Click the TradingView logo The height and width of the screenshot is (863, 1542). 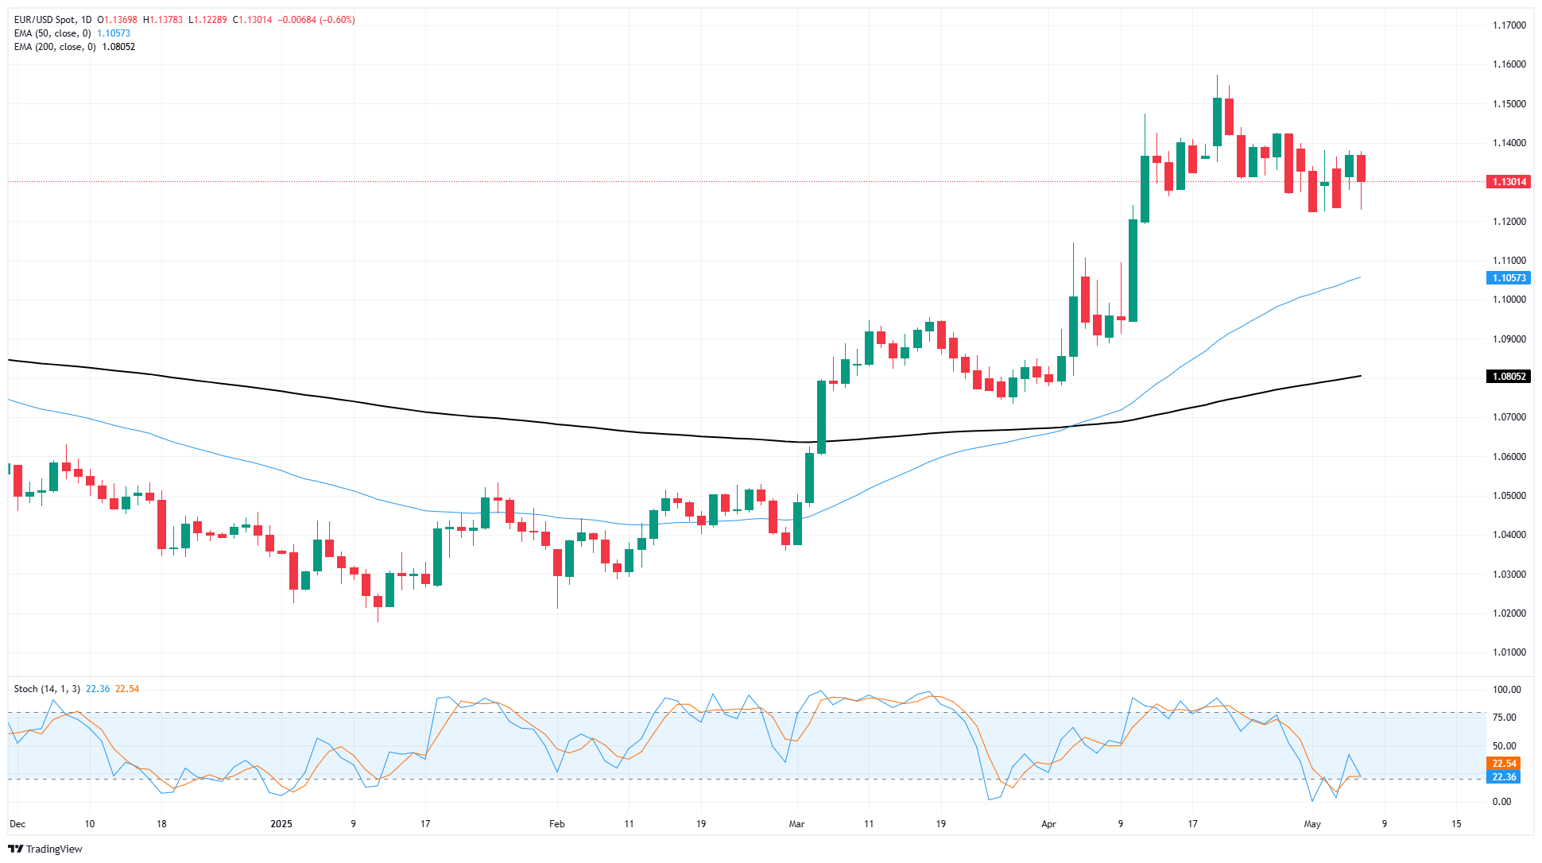pos(45,849)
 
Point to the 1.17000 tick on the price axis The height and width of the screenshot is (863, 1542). pos(1509,25)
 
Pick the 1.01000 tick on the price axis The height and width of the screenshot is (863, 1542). pos(1509,652)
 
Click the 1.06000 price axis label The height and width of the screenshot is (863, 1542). pos(1509,457)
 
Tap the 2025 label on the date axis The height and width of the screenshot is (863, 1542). pos(281,824)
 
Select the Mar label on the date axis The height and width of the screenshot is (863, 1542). pos(796,824)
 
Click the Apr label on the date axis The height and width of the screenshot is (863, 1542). pos(1048,824)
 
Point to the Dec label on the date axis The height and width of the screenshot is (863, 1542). pos(17,824)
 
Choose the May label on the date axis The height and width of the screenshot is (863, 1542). pos(1312,824)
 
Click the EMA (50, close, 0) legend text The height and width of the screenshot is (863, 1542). pos(52,33)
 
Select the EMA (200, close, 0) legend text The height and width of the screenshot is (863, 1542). pos(55,47)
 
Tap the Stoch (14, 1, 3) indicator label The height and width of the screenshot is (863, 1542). pos(47,689)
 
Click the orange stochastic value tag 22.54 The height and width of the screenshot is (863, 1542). pos(1504,764)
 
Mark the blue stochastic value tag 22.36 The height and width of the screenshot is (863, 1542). pos(1504,777)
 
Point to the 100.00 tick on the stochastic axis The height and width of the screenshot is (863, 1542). pos(1506,690)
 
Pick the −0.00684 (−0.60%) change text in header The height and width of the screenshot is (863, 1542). pos(316,20)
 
